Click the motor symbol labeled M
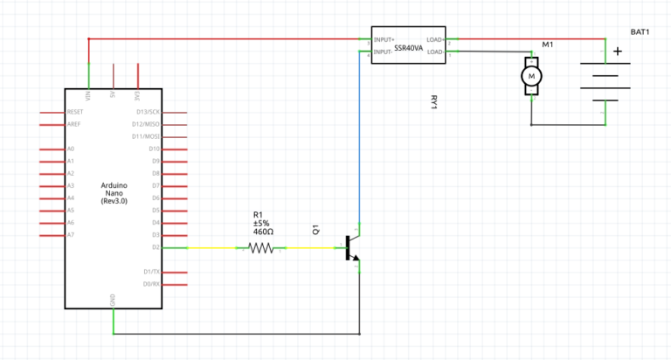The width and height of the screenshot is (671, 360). coord(531,78)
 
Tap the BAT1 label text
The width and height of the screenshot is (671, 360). coord(640,31)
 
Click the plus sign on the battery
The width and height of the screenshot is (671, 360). coord(618,51)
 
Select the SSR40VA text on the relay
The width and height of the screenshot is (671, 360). coord(409,49)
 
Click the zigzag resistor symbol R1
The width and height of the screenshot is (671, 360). coord(261,248)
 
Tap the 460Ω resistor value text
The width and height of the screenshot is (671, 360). coord(263,232)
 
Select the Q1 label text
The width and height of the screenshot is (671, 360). coord(316,232)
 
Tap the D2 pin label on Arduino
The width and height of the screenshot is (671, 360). coord(156,247)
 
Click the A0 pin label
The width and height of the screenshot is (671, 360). coord(71,149)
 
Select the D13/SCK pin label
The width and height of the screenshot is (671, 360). coord(148,113)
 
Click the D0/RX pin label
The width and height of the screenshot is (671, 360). coord(150,284)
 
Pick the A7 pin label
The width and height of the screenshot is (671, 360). coord(71,235)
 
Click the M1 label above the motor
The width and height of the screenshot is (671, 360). coord(548,44)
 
